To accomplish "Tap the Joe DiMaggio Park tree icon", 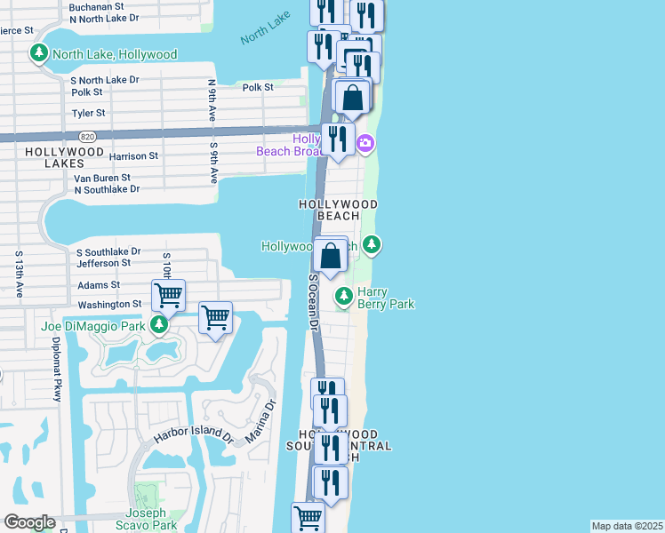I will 159,325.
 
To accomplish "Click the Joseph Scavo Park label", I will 144,519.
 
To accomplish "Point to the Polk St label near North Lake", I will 257,87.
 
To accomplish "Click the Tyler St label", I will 88,113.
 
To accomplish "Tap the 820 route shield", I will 88,136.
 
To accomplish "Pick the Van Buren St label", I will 102,178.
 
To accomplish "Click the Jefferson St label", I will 104,263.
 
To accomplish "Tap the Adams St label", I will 99,285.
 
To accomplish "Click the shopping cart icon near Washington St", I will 168,294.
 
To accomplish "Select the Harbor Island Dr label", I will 193,435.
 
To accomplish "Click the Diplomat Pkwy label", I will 55,369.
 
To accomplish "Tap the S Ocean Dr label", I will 313,303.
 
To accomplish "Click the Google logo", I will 29,522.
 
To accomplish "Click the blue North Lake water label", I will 265,35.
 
